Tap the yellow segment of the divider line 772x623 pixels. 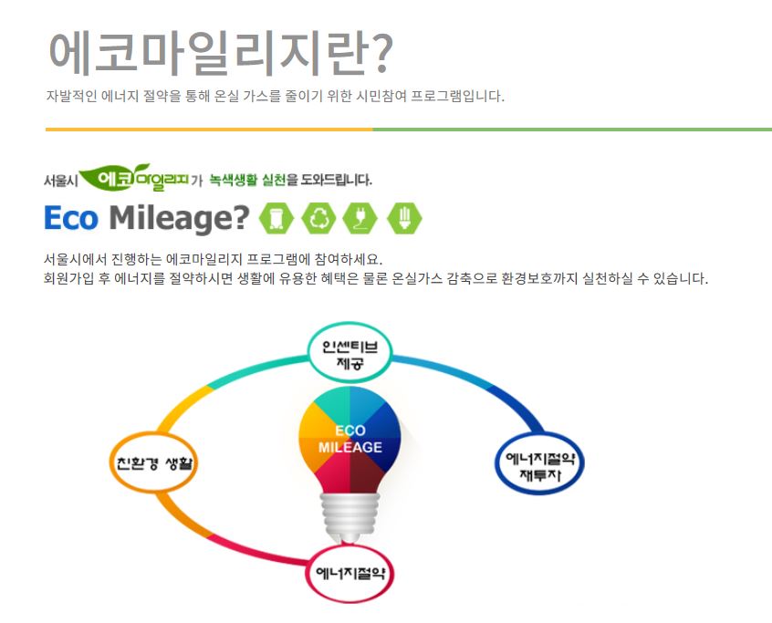pyautogui.click(x=209, y=130)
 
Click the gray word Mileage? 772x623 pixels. pyautogui.click(x=179, y=218)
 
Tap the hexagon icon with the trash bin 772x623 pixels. pyautogui.click(x=276, y=217)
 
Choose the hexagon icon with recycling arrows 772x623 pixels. pyautogui.click(x=319, y=217)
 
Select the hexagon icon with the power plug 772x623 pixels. pyautogui.click(x=360, y=217)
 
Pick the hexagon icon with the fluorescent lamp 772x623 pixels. pyautogui.click(x=404, y=217)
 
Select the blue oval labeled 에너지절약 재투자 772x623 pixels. pyautogui.click(x=539, y=462)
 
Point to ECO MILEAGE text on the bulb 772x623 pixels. pyautogui.click(x=349, y=439)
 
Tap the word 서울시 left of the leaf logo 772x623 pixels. pyautogui.click(x=60, y=180)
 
